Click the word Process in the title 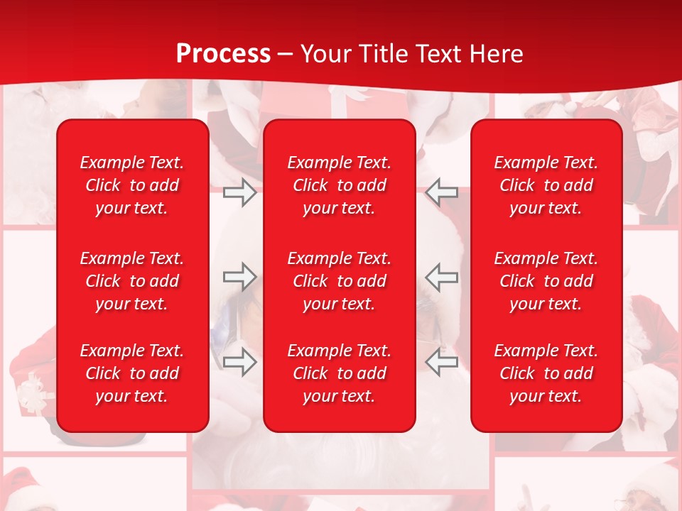click(223, 54)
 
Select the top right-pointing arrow click(240, 192)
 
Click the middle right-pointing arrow click(240, 277)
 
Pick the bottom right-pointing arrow click(240, 362)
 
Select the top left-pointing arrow click(442, 192)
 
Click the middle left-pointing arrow click(442, 277)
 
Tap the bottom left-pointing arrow click(442, 362)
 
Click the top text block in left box click(132, 185)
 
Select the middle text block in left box click(132, 281)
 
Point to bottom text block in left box click(132, 373)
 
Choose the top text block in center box click(339, 185)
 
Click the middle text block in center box click(339, 281)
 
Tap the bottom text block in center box click(339, 373)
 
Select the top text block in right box click(546, 185)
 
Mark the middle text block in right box click(546, 281)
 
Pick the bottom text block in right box click(546, 373)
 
